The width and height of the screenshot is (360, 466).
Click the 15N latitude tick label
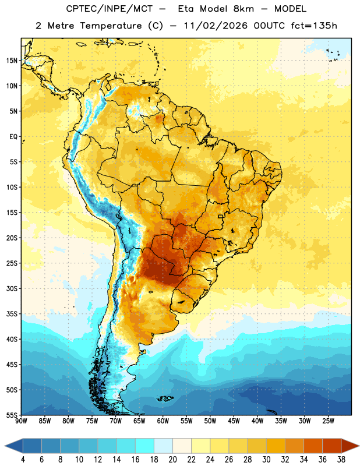pyautogui.click(x=12, y=61)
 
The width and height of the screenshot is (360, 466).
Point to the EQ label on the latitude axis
pyautogui.click(x=13, y=137)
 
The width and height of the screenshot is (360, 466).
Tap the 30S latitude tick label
pyautogui.click(x=12, y=288)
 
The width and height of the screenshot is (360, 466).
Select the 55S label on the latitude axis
pyautogui.click(x=12, y=415)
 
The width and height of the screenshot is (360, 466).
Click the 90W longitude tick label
pyautogui.click(x=21, y=421)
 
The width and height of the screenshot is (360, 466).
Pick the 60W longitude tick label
pyautogui.click(x=163, y=421)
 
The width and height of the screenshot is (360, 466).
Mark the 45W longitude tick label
pyautogui.click(x=234, y=421)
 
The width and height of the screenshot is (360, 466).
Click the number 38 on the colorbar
pyautogui.click(x=341, y=460)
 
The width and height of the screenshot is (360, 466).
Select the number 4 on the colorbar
pyautogui.click(x=23, y=460)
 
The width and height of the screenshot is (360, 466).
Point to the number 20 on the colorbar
pyautogui.click(x=172, y=460)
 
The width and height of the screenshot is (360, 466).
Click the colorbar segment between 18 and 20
pyautogui.click(x=163, y=446)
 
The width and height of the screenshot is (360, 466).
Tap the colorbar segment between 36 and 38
pyautogui.click(x=332, y=446)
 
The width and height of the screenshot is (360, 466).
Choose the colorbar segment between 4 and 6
pyautogui.click(x=32, y=446)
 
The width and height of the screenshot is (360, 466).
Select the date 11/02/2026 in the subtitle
pyautogui.click(x=216, y=26)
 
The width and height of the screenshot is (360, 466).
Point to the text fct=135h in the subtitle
pyautogui.click(x=314, y=26)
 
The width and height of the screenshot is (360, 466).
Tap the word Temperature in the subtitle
pyautogui.click(x=111, y=26)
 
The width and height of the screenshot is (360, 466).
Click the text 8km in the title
pyautogui.click(x=243, y=9)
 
